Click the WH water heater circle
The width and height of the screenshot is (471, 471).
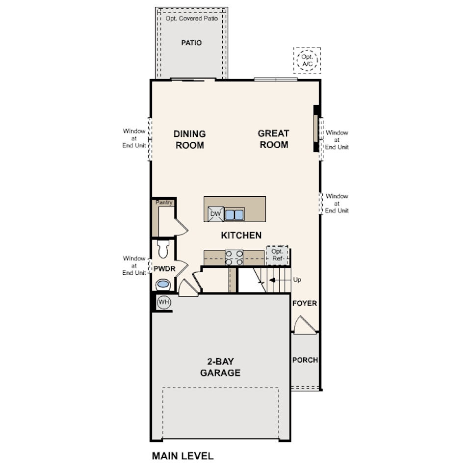164,302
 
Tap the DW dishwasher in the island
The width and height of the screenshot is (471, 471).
216,214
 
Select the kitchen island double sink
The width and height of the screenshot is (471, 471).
235,215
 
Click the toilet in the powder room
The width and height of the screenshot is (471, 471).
163,249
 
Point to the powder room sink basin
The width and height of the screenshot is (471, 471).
163,284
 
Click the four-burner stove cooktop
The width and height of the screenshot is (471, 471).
235,258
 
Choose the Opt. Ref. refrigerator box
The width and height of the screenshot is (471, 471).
277,255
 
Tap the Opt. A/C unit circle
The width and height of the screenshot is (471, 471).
307,61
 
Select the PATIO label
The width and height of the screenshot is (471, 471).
191,43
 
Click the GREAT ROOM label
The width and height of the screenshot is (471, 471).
274,139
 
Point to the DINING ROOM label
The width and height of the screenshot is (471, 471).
189,139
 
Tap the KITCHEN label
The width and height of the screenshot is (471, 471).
241,235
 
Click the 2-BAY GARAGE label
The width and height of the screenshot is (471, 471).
220,367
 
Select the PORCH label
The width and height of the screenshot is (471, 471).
305,360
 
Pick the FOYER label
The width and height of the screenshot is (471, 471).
305,303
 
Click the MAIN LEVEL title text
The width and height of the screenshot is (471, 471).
183,456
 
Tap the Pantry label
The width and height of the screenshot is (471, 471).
164,203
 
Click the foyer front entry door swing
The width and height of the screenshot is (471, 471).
305,325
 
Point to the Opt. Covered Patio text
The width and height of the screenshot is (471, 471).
192,18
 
